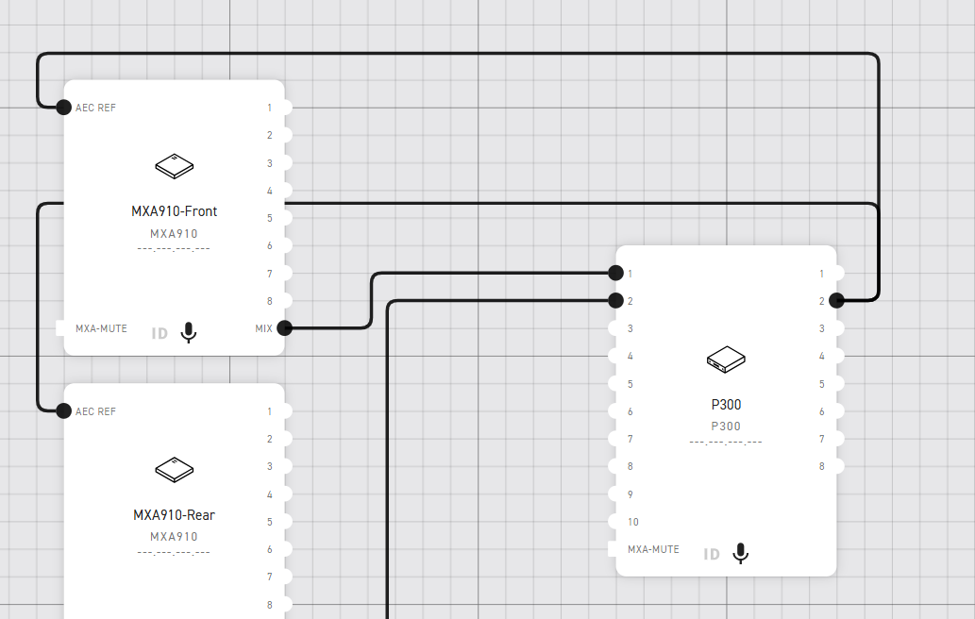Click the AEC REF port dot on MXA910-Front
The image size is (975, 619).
pos(63,108)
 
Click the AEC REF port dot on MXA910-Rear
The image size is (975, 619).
pos(63,410)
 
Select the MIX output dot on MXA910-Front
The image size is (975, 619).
pos(284,328)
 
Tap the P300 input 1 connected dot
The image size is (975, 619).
pos(615,273)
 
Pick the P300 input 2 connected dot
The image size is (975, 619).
pos(615,301)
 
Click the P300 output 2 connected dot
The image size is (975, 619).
pos(836,301)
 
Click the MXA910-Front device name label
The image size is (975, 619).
pos(174,211)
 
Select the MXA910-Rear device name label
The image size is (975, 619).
pos(174,515)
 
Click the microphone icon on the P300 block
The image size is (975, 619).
pos(741,553)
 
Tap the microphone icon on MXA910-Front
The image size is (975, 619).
pos(189,332)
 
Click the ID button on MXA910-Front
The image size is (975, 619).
pos(160,333)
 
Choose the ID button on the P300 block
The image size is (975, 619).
pos(712,554)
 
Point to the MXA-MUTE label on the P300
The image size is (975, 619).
pos(653,549)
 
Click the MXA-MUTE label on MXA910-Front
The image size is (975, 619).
pos(101,329)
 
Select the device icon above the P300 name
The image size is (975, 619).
pos(726,359)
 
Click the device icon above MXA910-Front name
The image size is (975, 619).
pos(174,166)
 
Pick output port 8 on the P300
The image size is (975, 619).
pos(835,466)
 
